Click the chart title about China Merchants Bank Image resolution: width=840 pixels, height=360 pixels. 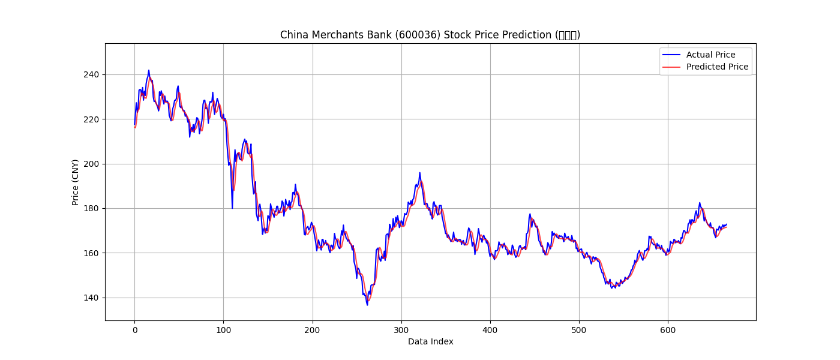click(x=430, y=35)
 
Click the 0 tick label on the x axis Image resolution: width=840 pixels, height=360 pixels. click(x=134, y=330)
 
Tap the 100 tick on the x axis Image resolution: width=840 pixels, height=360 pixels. click(x=223, y=330)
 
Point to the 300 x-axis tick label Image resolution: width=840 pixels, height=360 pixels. click(x=401, y=330)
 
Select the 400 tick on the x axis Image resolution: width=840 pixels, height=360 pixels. click(x=490, y=330)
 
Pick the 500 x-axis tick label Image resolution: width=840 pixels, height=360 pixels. click(x=579, y=330)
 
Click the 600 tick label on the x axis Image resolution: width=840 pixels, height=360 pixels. click(x=668, y=330)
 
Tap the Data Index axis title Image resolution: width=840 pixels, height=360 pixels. click(x=430, y=341)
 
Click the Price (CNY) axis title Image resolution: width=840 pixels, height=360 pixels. click(x=76, y=182)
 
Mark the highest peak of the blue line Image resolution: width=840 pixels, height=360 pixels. click(x=149, y=70)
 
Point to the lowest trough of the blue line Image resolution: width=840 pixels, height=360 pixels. click(x=367, y=305)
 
